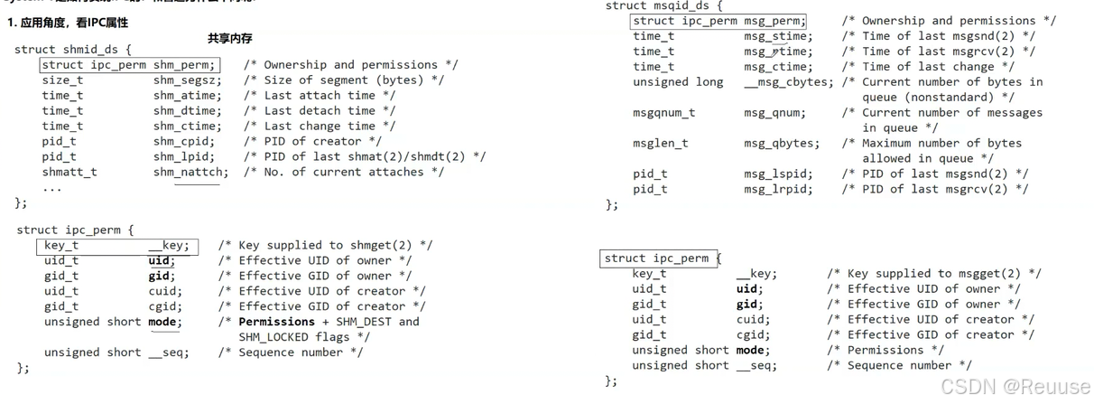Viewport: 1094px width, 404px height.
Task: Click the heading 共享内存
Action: tap(229, 38)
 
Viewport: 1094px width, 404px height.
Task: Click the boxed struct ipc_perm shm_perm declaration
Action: tap(129, 65)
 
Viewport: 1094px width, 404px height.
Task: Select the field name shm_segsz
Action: tap(187, 80)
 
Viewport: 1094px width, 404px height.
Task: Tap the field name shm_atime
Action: tap(187, 96)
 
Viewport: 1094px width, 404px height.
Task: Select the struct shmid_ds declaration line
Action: tap(73, 50)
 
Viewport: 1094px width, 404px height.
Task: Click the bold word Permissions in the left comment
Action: tap(277, 322)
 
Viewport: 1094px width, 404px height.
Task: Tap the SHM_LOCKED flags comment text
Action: tap(304, 337)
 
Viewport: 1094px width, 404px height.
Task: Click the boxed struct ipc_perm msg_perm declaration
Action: tap(719, 21)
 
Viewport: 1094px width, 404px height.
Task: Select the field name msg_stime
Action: tap(777, 36)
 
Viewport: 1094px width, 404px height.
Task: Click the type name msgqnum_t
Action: tap(663, 113)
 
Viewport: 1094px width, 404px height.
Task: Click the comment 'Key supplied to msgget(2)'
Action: tap(934, 274)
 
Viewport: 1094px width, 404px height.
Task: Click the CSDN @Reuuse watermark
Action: tap(1015, 387)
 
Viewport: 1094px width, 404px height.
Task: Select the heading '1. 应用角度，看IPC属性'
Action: tap(68, 23)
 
